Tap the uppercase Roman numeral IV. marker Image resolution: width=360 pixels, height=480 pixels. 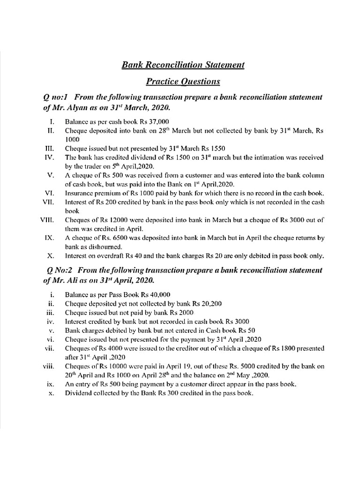pyautogui.click(x=50, y=157)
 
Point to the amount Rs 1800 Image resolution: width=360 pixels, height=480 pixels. pyautogui.click(x=297, y=348)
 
